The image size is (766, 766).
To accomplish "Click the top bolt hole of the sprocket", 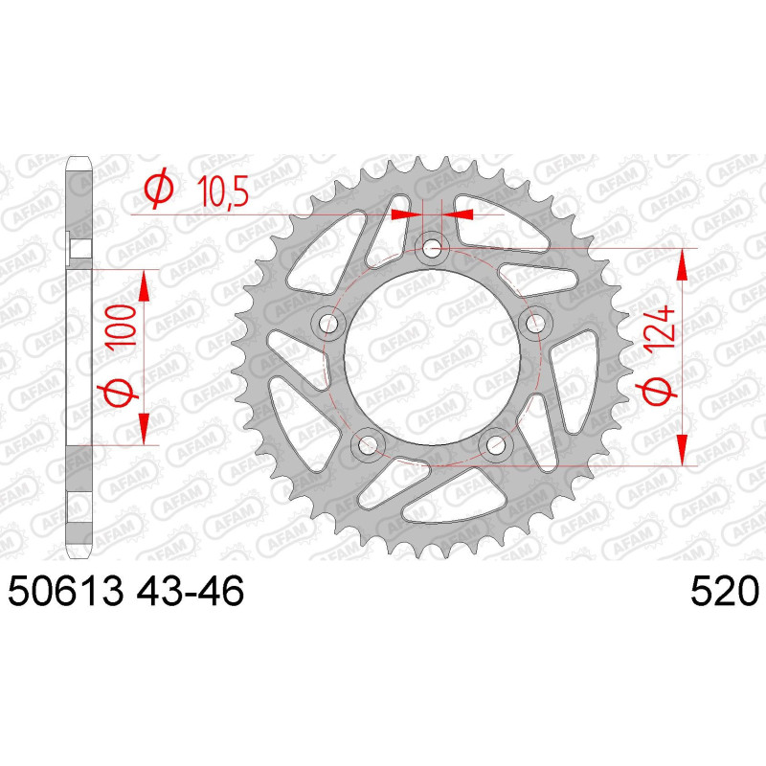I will (432, 249).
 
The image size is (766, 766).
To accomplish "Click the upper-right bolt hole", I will (532, 322).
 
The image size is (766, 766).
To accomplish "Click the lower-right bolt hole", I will (496, 442).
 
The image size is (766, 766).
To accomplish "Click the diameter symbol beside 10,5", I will (158, 192).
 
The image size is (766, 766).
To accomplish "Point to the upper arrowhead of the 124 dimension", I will (682, 262).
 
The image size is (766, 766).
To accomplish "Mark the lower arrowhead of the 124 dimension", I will (682, 450).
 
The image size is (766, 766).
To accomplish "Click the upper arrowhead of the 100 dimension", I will (144, 283).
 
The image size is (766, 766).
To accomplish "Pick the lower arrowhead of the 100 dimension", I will (144, 429).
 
